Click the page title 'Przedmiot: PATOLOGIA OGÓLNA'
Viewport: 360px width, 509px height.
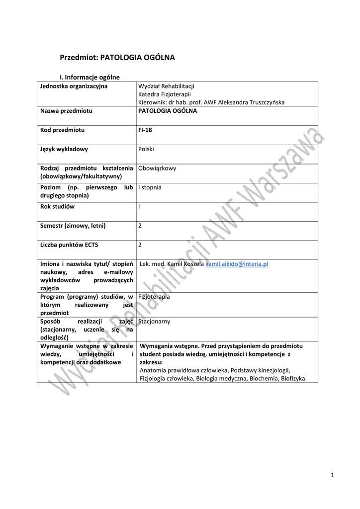pos(117,58)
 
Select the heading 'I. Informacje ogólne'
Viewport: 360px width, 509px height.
pos(90,77)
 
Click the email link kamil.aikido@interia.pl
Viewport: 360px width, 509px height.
pos(237,264)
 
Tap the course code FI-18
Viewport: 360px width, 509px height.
pos(145,130)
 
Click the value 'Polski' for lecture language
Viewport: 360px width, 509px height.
pos(146,149)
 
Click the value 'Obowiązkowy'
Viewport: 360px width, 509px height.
pos(157,168)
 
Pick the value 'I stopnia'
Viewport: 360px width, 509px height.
pos(150,187)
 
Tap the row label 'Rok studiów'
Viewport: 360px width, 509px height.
pos(57,206)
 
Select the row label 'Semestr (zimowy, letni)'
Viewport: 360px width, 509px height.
pos(73,225)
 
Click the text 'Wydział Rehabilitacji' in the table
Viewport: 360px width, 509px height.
pos(166,86)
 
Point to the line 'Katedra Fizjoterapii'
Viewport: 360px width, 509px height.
pos(165,94)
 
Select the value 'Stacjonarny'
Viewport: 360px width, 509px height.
pos(154,321)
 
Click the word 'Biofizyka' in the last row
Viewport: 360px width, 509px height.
pos(293,378)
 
